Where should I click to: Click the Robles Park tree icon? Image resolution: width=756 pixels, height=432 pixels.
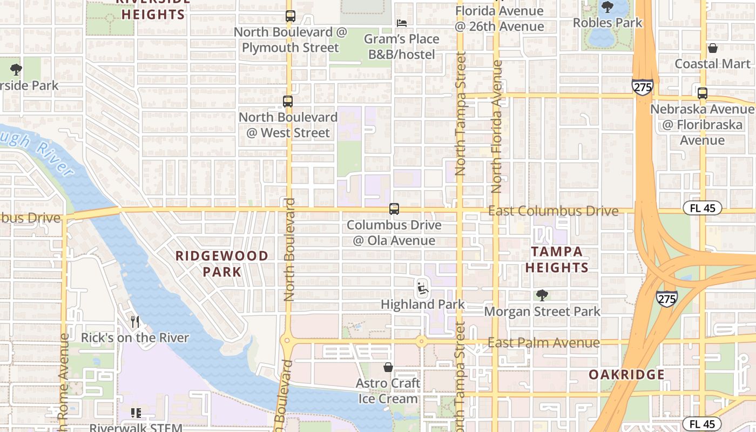point(607,7)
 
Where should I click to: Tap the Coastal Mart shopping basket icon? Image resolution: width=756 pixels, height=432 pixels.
point(713,48)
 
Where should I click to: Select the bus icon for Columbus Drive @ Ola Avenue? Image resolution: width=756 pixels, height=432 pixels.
point(394,209)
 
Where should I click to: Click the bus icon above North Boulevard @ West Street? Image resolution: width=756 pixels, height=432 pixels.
point(288,102)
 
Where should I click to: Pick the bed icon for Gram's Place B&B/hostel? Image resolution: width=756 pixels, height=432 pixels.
point(402,23)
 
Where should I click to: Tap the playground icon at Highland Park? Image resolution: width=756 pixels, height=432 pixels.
point(423,288)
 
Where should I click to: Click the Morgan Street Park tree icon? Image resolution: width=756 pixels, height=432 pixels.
point(542,295)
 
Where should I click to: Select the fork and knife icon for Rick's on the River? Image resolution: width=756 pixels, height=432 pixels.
point(135,322)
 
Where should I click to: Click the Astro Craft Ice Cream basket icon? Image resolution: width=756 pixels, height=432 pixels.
point(388,368)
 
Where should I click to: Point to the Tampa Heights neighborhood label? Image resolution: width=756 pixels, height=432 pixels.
point(557,259)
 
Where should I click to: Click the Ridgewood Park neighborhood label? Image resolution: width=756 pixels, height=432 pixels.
point(222,264)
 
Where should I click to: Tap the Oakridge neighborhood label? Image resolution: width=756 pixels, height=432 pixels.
point(626,374)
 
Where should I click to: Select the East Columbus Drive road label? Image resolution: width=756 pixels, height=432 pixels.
point(553,211)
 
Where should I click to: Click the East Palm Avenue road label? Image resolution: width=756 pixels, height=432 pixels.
point(543,343)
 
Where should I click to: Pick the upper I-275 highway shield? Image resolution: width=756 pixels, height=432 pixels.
point(642,87)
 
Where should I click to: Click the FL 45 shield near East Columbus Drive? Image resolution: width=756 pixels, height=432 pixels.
point(702,208)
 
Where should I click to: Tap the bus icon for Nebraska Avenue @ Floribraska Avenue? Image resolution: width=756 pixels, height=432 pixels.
point(703,93)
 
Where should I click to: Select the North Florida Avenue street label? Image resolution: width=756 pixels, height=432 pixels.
point(497,127)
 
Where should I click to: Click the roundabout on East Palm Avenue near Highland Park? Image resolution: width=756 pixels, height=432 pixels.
point(421,341)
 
